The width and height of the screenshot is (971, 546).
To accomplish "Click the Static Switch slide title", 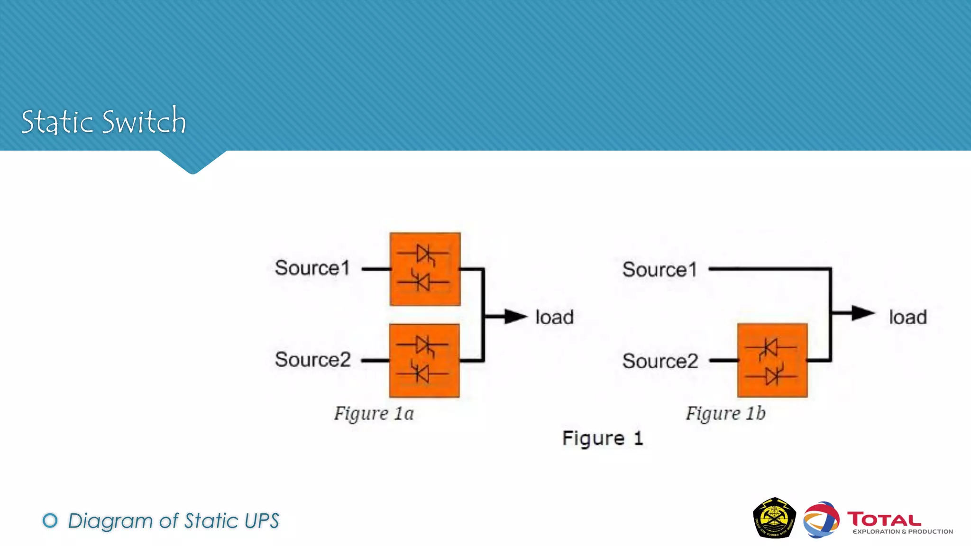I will pyautogui.click(x=103, y=121).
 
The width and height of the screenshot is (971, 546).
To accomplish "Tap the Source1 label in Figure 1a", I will pyautogui.click(x=312, y=268).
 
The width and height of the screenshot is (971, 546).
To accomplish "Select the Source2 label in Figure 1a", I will pyautogui.click(x=312, y=360).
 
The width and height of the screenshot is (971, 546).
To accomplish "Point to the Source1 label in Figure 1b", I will pyautogui.click(x=660, y=270).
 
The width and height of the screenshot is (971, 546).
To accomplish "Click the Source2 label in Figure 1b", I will pyautogui.click(x=660, y=361).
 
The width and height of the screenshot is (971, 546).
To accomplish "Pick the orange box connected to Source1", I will pyautogui.click(x=425, y=269).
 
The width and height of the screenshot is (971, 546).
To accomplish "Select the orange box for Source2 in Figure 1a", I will pyautogui.click(x=424, y=361).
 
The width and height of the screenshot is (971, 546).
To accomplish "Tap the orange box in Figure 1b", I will pyautogui.click(x=772, y=361).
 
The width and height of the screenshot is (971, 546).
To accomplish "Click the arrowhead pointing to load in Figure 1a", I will pyautogui.click(x=515, y=317).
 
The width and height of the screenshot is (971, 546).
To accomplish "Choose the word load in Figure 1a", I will pyautogui.click(x=554, y=317).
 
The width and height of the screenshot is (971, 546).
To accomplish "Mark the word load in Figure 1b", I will pyautogui.click(x=907, y=317).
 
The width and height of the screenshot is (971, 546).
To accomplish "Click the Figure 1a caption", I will pyautogui.click(x=374, y=413).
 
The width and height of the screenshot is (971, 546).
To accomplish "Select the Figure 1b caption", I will pyautogui.click(x=725, y=413).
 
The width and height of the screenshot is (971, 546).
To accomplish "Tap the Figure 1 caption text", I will pyautogui.click(x=602, y=438).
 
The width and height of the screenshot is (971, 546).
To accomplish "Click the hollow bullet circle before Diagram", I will pyautogui.click(x=50, y=520).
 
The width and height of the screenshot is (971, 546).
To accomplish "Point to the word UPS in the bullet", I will pyautogui.click(x=261, y=521).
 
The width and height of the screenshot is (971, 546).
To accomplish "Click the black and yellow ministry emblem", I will pyautogui.click(x=774, y=518).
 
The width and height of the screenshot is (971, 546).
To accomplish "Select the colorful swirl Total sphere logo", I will pyautogui.click(x=821, y=520).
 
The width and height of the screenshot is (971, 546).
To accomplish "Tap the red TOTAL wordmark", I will pyautogui.click(x=884, y=519).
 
